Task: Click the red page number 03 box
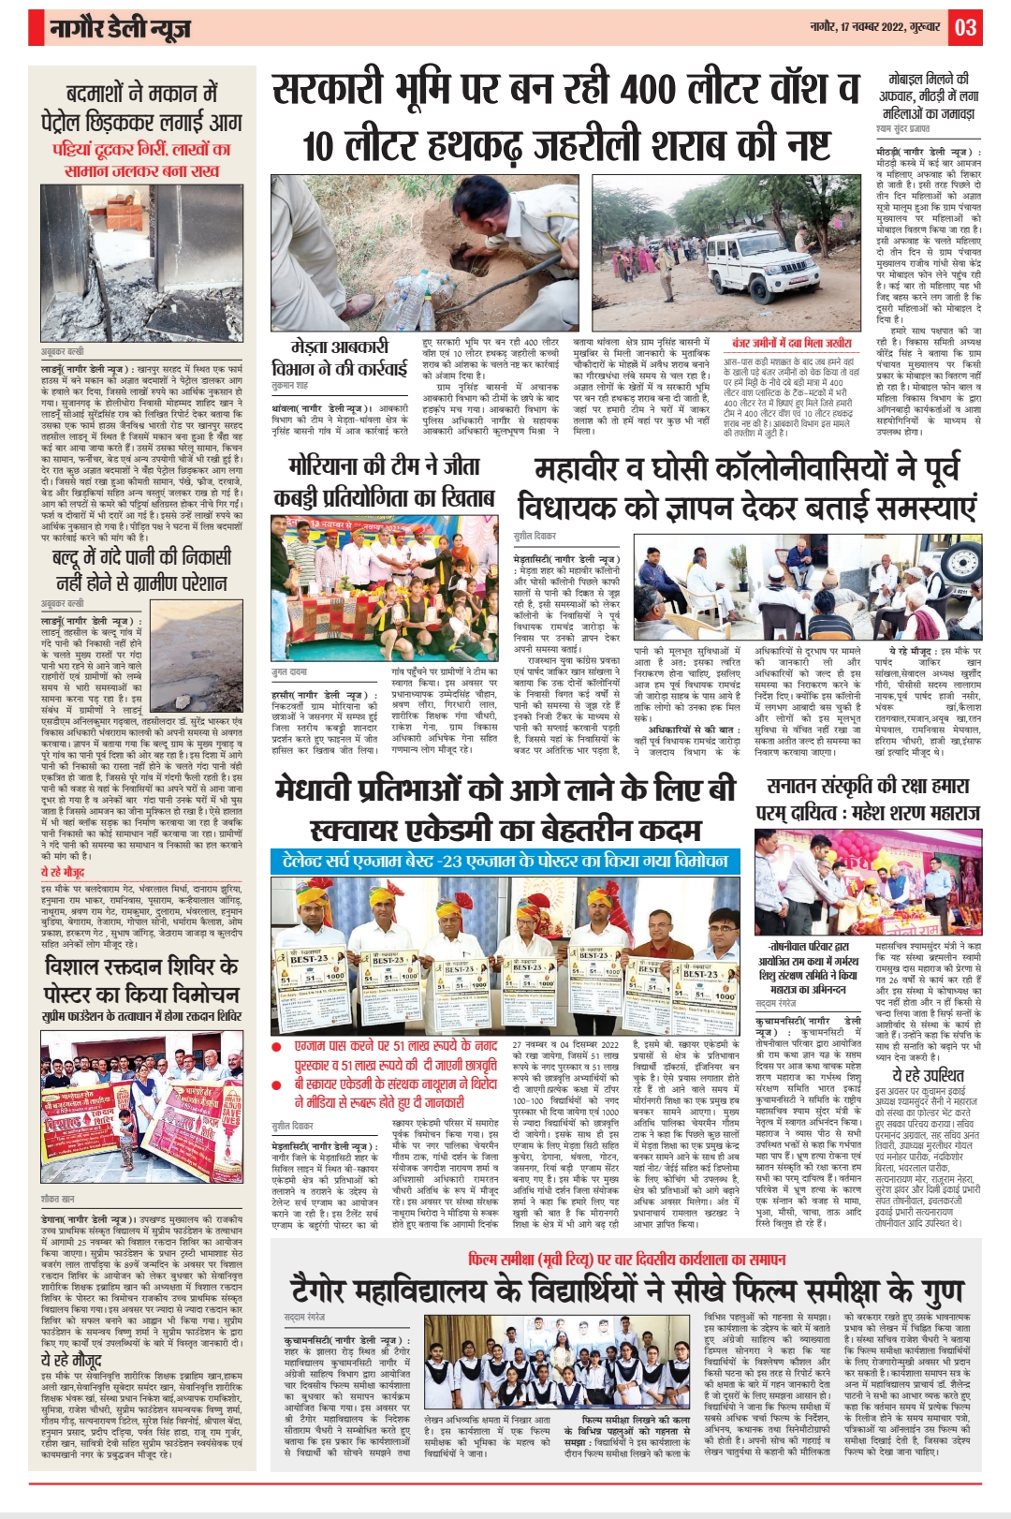[x=966, y=27]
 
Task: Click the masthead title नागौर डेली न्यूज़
[x=119, y=29]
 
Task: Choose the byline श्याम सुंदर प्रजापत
[x=902, y=128]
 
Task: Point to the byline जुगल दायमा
[x=288, y=672]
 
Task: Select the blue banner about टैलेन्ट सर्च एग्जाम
[x=505, y=861]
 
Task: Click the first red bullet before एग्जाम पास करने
[x=277, y=1046]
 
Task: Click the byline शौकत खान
[x=57, y=1199]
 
